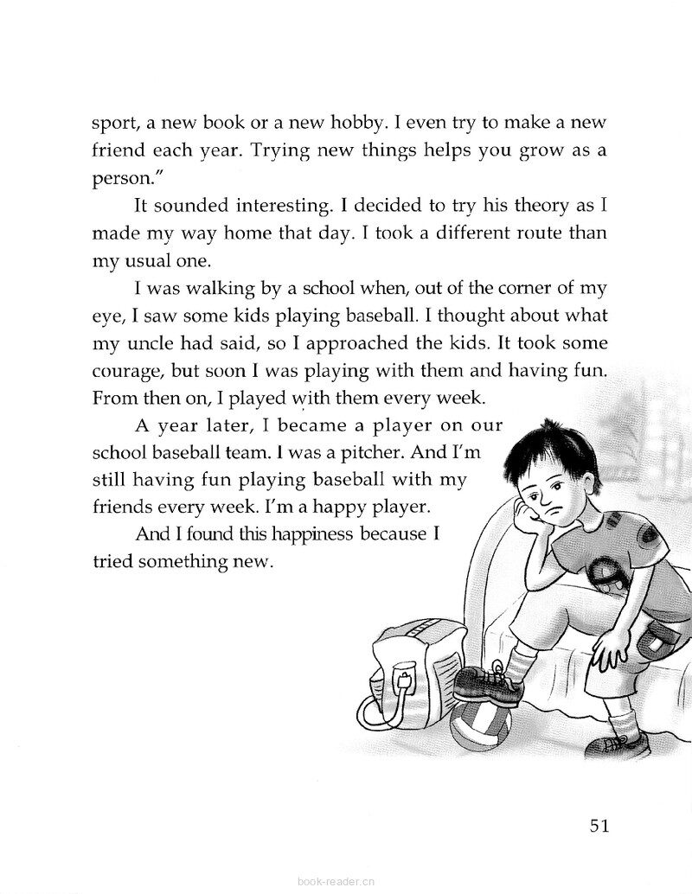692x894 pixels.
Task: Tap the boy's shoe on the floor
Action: (618, 744)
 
